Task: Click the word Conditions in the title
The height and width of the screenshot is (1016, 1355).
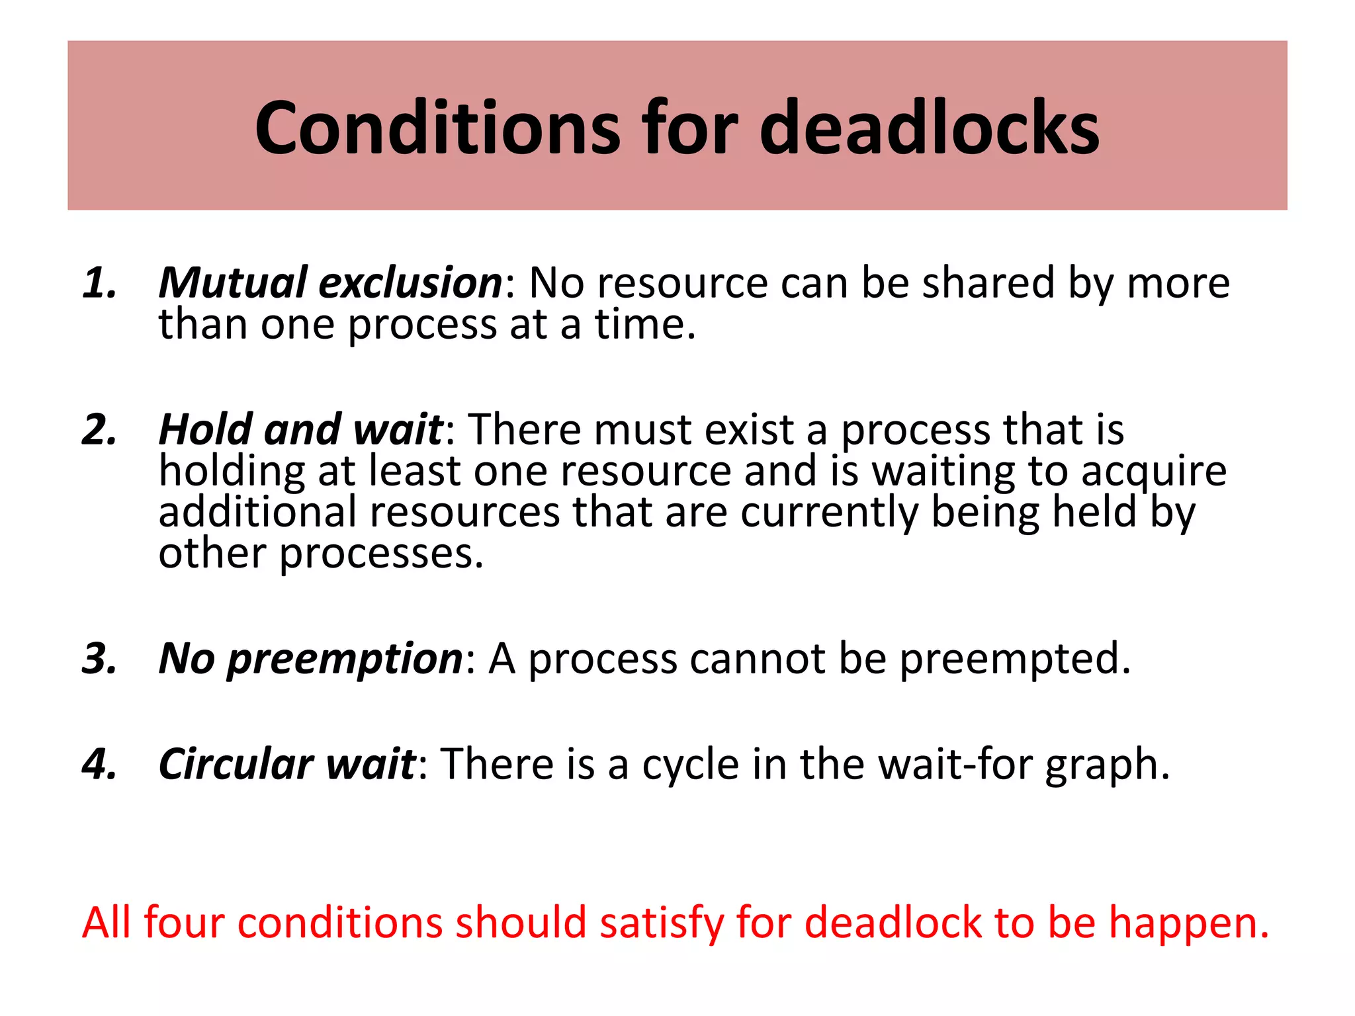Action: point(437,128)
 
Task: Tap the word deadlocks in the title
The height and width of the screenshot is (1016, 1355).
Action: point(929,128)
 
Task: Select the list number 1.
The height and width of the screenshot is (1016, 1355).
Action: point(99,283)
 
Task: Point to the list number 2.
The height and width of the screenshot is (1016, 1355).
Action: point(99,430)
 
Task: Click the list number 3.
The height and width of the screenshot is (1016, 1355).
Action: point(99,659)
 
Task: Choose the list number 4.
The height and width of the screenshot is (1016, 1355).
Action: point(99,764)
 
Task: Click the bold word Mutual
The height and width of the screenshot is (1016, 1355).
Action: point(233,283)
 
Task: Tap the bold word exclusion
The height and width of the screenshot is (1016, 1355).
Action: point(410,283)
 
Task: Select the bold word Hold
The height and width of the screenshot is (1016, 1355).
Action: point(205,430)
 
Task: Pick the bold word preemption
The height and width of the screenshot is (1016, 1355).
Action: point(345,660)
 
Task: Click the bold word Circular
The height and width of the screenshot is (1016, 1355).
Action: point(236,764)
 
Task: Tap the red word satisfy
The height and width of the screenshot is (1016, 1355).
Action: point(662,923)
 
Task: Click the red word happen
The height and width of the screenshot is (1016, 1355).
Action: point(1188,923)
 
